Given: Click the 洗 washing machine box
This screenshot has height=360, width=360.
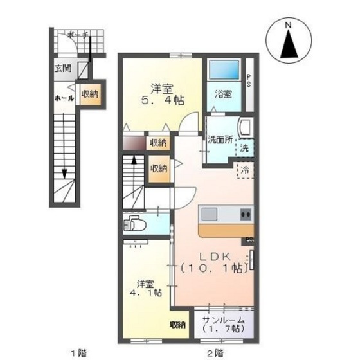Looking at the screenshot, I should [245, 148].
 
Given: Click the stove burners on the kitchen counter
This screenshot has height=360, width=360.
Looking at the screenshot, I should [244, 214].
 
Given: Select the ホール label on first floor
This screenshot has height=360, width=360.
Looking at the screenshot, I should [64, 98].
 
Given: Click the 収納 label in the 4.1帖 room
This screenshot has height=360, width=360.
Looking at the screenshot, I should [177, 325].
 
